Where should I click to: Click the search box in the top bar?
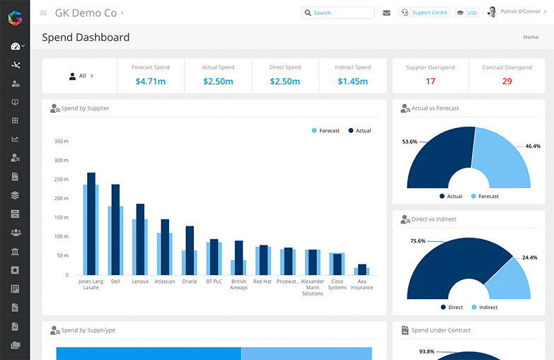337,13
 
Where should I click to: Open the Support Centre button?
425,13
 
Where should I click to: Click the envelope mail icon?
386,13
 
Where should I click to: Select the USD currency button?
467,13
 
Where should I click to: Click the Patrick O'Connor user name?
520,12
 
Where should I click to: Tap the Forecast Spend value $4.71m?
151,81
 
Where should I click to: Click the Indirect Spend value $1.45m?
352,81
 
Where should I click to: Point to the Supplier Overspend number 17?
430,81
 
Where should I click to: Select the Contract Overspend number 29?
507,81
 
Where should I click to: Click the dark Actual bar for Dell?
115,229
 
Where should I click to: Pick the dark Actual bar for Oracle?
190,250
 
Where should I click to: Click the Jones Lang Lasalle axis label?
91,284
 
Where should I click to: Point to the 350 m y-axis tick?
61,141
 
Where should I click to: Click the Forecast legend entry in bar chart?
325,131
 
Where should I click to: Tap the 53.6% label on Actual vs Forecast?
410,141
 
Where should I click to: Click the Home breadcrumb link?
530,37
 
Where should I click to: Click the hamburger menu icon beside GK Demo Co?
43,13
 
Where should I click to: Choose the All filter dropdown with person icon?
81,76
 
